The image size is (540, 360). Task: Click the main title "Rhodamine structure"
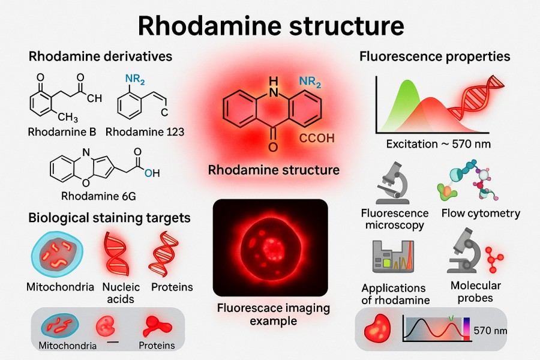pos(270,26)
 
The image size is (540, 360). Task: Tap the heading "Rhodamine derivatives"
pos(100,56)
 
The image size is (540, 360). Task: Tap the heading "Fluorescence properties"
pos(435,56)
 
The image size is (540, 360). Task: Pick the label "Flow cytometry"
pos(481,213)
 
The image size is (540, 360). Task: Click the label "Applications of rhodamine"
pos(394,294)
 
